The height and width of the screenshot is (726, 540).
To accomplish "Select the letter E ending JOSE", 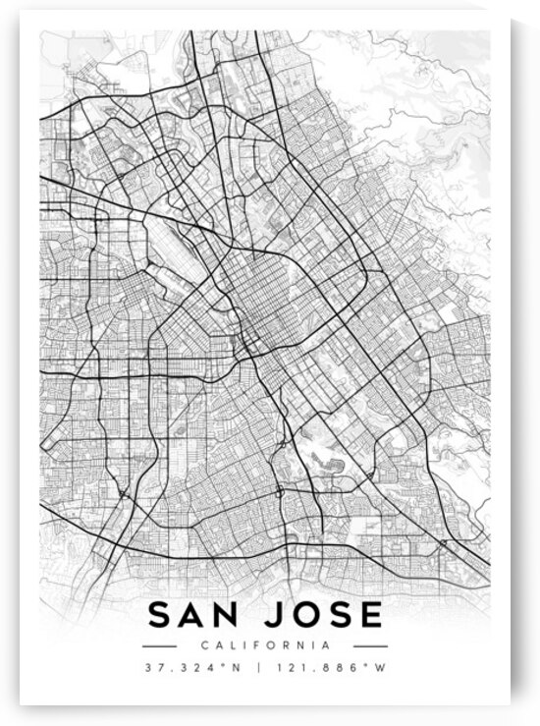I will tap(371, 615).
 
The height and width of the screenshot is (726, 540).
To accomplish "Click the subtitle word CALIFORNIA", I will tap(265, 645).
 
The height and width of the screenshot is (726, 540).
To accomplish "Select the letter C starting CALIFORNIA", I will tap(203, 645).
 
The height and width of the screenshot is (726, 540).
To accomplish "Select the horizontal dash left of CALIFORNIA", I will tap(159, 645).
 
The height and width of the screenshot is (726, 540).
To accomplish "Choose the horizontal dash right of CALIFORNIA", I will tap(370, 645).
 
